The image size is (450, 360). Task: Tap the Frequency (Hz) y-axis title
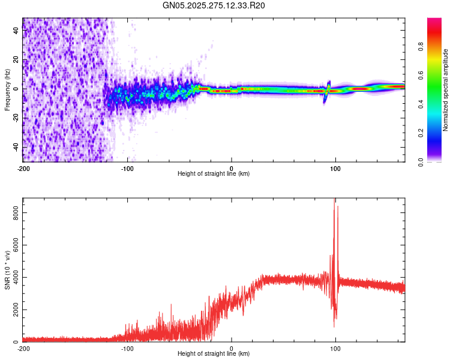(x=7, y=90)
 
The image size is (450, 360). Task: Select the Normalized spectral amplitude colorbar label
(x=446, y=90)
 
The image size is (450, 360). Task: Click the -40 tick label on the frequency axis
(x=16, y=147)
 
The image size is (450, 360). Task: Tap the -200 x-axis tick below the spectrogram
(x=23, y=168)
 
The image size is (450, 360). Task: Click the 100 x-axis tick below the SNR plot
(x=335, y=348)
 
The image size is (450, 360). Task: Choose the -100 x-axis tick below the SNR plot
(x=127, y=348)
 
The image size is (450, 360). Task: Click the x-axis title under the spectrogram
(x=214, y=174)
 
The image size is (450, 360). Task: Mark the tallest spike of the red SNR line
(x=334, y=199)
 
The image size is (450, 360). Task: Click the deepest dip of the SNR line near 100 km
(x=334, y=326)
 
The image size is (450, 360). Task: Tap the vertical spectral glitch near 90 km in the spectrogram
(x=327, y=90)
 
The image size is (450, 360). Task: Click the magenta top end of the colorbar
(x=434, y=21)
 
